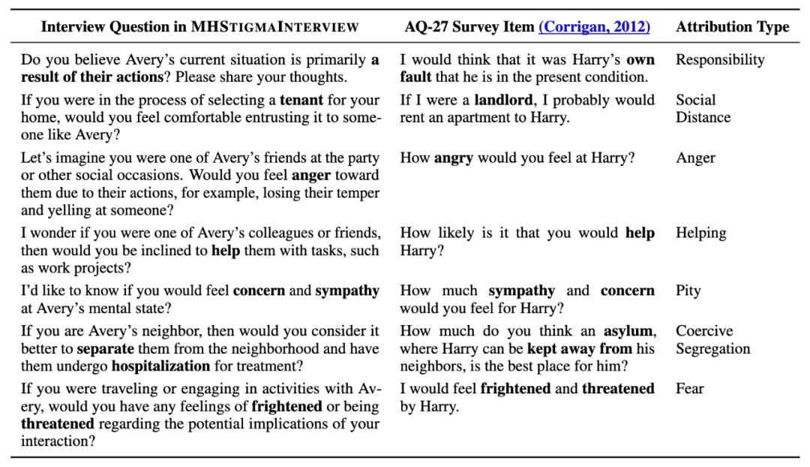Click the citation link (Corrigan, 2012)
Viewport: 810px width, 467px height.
tap(594, 27)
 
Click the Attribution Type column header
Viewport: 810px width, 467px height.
tap(732, 27)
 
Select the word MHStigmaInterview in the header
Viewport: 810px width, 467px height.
tap(274, 27)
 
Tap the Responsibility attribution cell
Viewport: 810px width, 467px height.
tap(720, 60)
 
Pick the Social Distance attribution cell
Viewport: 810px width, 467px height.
tap(703, 109)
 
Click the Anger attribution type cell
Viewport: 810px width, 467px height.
tap(695, 158)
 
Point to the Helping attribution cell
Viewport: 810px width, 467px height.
tap(700, 233)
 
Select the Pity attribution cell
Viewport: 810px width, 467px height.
tap(688, 291)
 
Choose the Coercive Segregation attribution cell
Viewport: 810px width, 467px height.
tap(712, 340)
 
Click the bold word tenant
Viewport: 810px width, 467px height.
tap(302, 100)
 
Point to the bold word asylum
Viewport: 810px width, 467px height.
tap(629, 331)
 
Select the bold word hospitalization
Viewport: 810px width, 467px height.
tap(160, 366)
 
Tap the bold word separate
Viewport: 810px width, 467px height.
tap(104, 349)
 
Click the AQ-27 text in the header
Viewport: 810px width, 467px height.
tap(425, 27)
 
